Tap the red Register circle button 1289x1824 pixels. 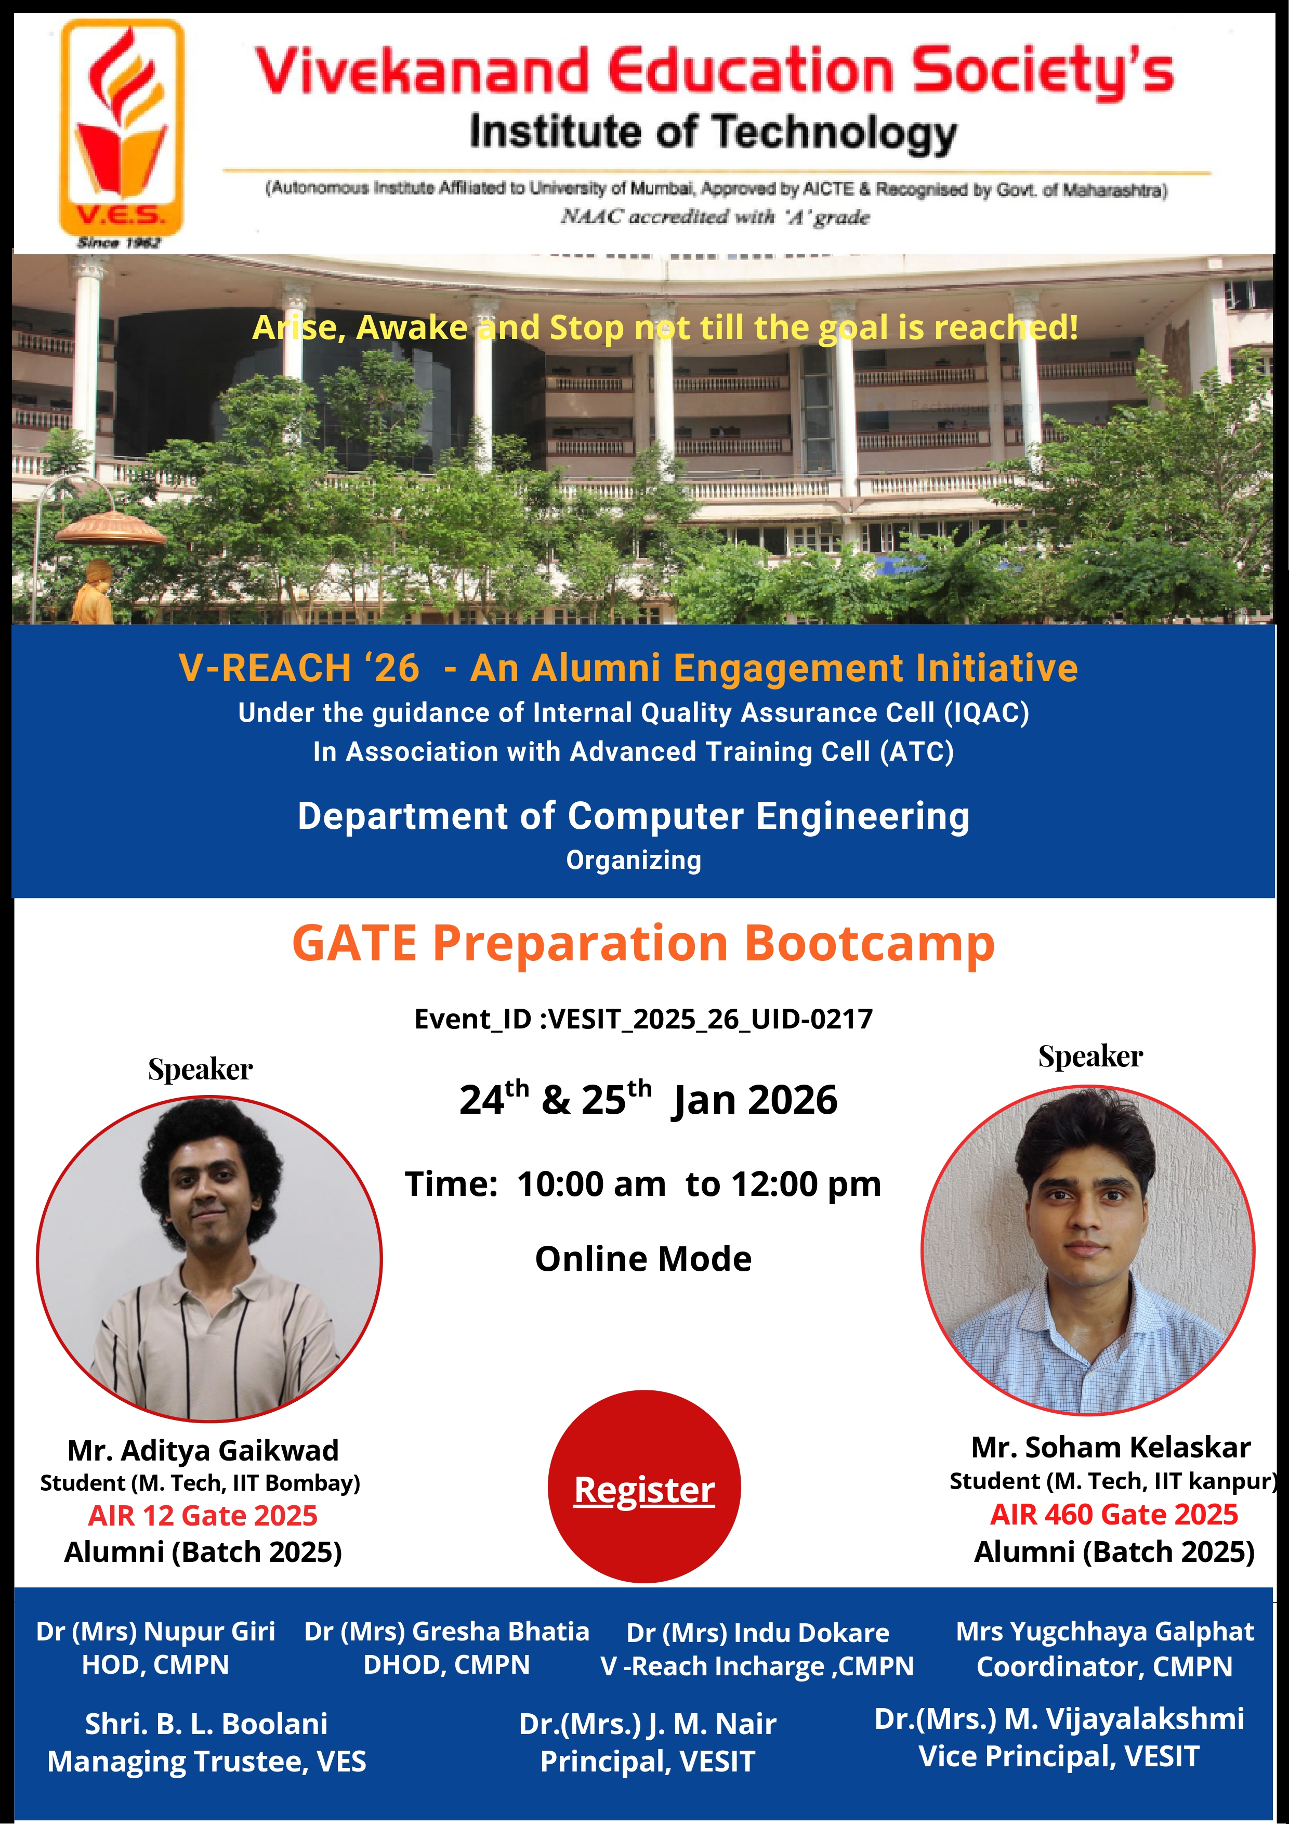pyautogui.click(x=644, y=1487)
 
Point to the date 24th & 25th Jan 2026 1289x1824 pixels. pyautogui.click(x=648, y=1099)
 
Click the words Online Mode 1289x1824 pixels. pyautogui.click(x=643, y=1258)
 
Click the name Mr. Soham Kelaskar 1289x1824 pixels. pyautogui.click(x=1111, y=1448)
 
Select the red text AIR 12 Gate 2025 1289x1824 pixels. pyautogui.click(x=203, y=1516)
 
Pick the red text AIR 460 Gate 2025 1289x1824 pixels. pyautogui.click(x=1113, y=1514)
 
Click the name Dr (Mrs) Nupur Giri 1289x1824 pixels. pyautogui.click(x=155, y=1632)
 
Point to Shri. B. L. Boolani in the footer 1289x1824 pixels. pyautogui.click(x=206, y=1724)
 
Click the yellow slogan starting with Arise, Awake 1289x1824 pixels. pyautogui.click(x=665, y=327)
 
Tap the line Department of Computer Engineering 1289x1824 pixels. pyautogui.click(x=634, y=816)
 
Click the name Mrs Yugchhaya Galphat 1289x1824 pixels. pyautogui.click(x=1104, y=1632)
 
